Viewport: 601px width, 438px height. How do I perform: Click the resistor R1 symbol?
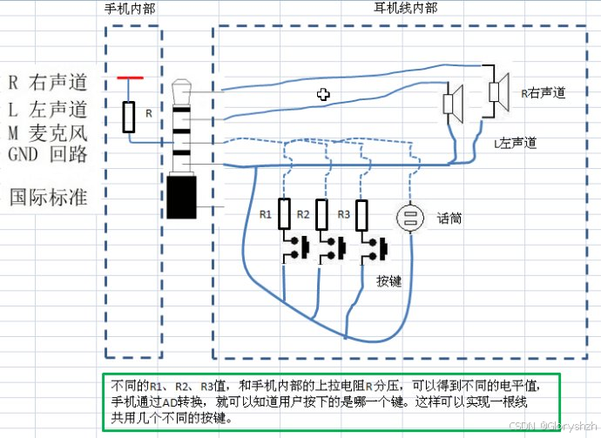click(x=285, y=213)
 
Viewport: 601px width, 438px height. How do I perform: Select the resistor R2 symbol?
click(x=321, y=213)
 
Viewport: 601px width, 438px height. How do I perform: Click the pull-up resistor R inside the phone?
click(x=129, y=116)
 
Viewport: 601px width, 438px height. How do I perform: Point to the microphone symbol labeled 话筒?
click(x=409, y=218)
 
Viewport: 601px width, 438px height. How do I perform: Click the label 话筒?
click(x=449, y=219)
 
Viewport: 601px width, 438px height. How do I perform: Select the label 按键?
click(x=388, y=280)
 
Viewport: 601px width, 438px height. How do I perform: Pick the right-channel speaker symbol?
click(x=498, y=89)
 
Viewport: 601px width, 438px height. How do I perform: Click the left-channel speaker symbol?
click(x=452, y=103)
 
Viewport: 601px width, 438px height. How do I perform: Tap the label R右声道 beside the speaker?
click(x=544, y=91)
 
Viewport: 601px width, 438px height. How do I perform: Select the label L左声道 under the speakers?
click(x=515, y=142)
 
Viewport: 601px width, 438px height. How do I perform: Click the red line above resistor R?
click(x=130, y=78)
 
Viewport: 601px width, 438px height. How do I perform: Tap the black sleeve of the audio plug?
click(x=183, y=197)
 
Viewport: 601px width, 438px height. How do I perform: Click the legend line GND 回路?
click(x=47, y=154)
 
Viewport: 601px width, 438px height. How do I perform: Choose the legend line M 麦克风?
click(x=47, y=132)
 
